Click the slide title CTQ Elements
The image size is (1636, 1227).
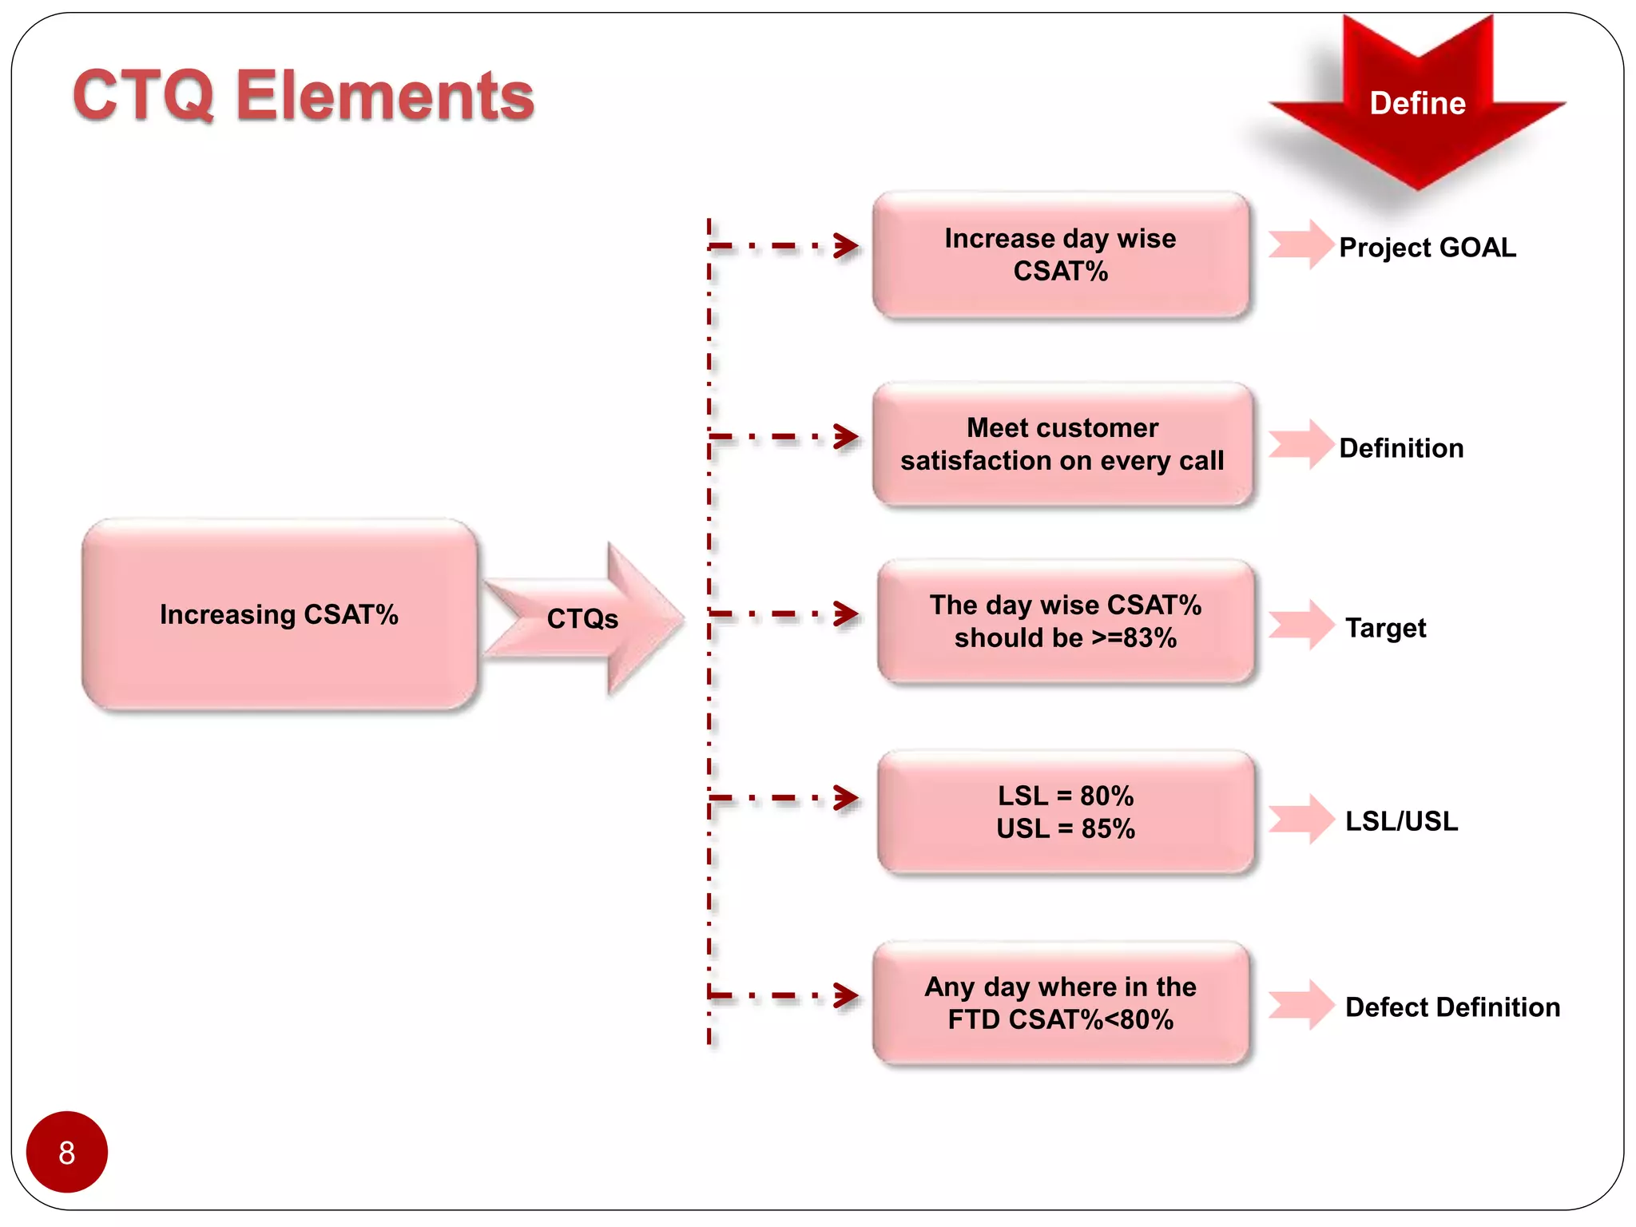(x=303, y=96)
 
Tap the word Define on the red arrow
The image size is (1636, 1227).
(x=1417, y=103)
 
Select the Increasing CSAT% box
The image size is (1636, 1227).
(x=279, y=614)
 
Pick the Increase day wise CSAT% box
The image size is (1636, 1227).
(x=1060, y=255)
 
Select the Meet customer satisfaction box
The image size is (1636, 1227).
(x=1062, y=444)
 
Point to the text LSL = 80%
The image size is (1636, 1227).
(x=1065, y=796)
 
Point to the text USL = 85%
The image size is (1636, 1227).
(x=1065, y=828)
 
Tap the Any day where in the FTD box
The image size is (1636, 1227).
(x=1060, y=1003)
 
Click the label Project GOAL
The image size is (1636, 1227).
(x=1427, y=247)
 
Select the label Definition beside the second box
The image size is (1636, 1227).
(x=1401, y=448)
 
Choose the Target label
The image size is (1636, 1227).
(x=1385, y=628)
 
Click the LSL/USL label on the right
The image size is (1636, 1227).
(x=1401, y=821)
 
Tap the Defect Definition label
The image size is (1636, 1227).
(x=1451, y=1007)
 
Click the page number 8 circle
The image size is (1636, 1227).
(x=67, y=1152)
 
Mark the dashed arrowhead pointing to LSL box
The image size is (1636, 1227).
(x=846, y=797)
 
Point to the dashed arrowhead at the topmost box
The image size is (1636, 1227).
(x=846, y=245)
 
